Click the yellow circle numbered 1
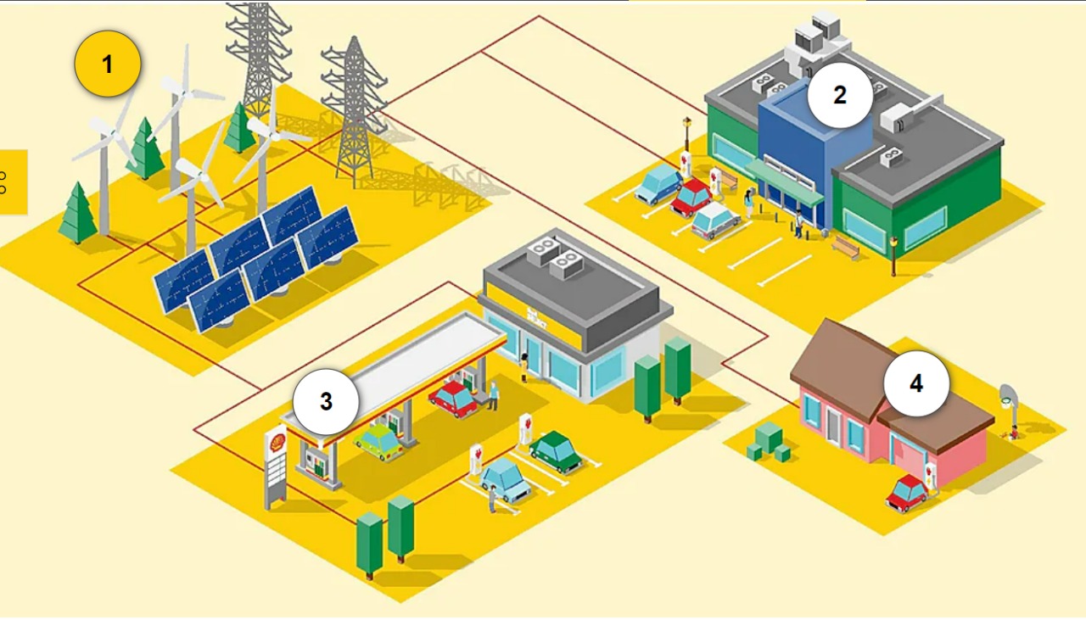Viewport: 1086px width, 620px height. (x=108, y=64)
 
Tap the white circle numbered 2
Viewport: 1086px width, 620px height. (x=840, y=95)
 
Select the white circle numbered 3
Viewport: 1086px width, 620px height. (x=326, y=401)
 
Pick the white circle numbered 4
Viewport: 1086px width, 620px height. (x=916, y=383)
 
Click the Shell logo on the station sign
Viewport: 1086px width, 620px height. (x=277, y=442)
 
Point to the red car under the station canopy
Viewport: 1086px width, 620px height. (x=454, y=399)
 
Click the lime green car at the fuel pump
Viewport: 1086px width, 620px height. (x=378, y=442)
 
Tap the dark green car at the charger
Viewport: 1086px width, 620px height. (x=556, y=452)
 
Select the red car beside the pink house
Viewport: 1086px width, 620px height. (x=907, y=493)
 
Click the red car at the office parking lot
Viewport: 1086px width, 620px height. (x=691, y=197)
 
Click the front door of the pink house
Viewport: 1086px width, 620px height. (x=833, y=427)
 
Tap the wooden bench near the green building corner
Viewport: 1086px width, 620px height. (x=846, y=246)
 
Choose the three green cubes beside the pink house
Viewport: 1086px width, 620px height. (x=769, y=442)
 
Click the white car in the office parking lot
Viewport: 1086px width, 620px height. (x=715, y=221)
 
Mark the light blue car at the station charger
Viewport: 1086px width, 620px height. (x=505, y=479)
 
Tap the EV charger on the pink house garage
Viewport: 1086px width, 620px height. (x=930, y=477)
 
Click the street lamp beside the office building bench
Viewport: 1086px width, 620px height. (x=894, y=256)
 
